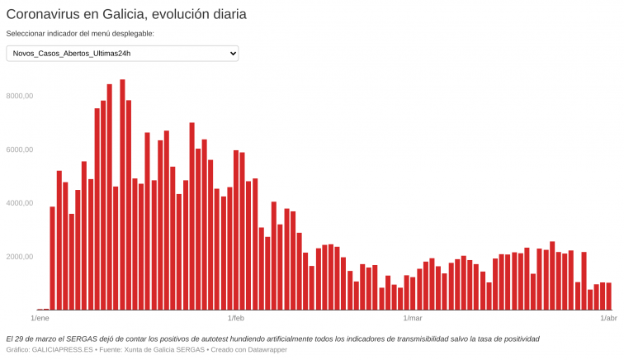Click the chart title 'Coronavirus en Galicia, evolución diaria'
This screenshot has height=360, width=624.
(126, 14)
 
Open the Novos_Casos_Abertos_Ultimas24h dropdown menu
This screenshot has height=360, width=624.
(122, 54)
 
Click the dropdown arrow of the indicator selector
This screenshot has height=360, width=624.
(232, 54)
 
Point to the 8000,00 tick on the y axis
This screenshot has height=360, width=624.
(19, 96)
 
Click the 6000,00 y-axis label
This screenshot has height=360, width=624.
(19, 149)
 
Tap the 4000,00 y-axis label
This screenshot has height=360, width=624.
(19, 203)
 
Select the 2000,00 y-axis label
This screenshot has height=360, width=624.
(19, 257)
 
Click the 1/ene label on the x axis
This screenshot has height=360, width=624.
(40, 318)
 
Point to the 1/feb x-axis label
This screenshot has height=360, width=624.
(236, 318)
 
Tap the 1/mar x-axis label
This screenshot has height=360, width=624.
(413, 318)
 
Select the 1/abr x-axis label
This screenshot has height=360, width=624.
(608, 318)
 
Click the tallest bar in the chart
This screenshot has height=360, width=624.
(122, 194)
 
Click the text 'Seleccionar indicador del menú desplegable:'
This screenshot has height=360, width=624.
(80, 34)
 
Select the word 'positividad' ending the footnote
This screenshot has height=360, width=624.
(518, 339)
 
